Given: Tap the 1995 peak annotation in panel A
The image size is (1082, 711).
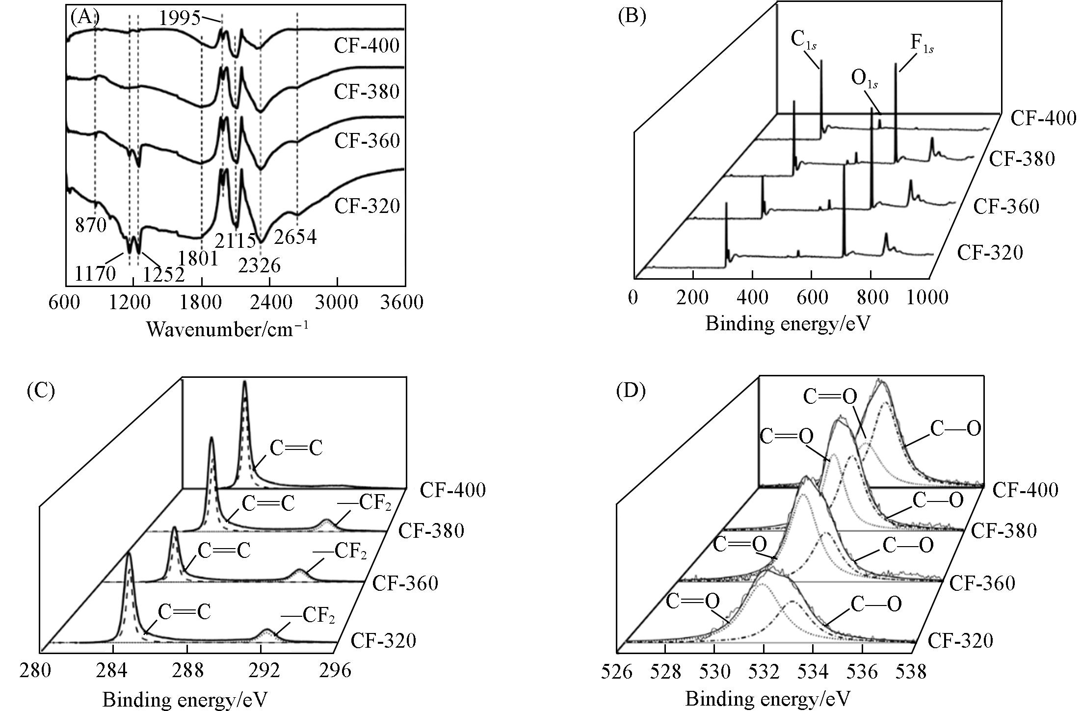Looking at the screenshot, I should click(x=180, y=19).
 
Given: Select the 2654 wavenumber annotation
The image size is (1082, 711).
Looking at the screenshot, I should click(x=295, y=237).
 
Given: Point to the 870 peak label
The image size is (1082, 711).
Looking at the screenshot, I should click(x=91, y=225).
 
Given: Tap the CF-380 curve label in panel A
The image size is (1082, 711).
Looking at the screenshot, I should click(x=367, y=92).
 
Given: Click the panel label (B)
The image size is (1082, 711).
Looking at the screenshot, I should click(x=632, y=17).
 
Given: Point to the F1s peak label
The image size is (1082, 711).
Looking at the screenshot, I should click(x=922, y=43).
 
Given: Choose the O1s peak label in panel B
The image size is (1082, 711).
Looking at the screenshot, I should click(x=865, y=79).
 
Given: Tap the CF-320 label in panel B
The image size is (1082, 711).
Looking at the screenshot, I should click(x=990, y=253).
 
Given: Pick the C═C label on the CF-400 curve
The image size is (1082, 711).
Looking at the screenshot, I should click(x=296, y=449).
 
